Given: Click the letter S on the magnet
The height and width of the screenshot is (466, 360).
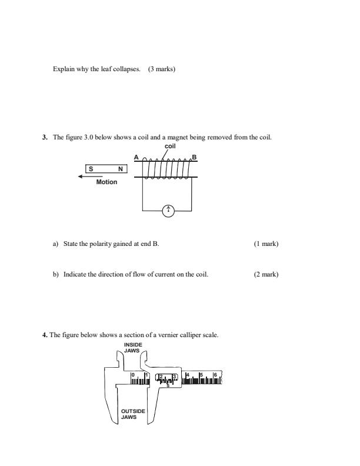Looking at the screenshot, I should pos(91,168).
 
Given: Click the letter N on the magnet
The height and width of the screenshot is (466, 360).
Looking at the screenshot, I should pos(121,168).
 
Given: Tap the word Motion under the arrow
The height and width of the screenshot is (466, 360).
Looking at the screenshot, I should pos(106,182).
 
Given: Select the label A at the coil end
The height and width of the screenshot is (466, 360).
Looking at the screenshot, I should pos(136,157).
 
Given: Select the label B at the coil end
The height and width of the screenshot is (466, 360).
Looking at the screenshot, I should pos(194,157).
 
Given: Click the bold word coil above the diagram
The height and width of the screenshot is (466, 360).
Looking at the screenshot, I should pos(170,145).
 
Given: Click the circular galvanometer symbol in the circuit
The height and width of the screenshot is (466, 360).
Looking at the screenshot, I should pos(168,210).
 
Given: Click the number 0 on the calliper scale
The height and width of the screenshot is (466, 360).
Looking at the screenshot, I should pos(133,374).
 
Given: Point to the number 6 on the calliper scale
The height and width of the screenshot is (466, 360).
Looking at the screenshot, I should pos(216,374).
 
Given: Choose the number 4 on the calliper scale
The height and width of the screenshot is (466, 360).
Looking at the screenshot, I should pos(188,374).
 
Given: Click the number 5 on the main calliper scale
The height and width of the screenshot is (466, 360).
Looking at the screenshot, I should pos(202,374).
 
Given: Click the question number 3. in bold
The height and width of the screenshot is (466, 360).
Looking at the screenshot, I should pos(45,138).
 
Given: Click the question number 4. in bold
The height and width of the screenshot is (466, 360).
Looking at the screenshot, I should pos(45,335).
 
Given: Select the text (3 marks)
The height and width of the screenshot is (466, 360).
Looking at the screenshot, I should pos(162,69).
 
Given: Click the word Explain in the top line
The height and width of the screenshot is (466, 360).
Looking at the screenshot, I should pos(64,69).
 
